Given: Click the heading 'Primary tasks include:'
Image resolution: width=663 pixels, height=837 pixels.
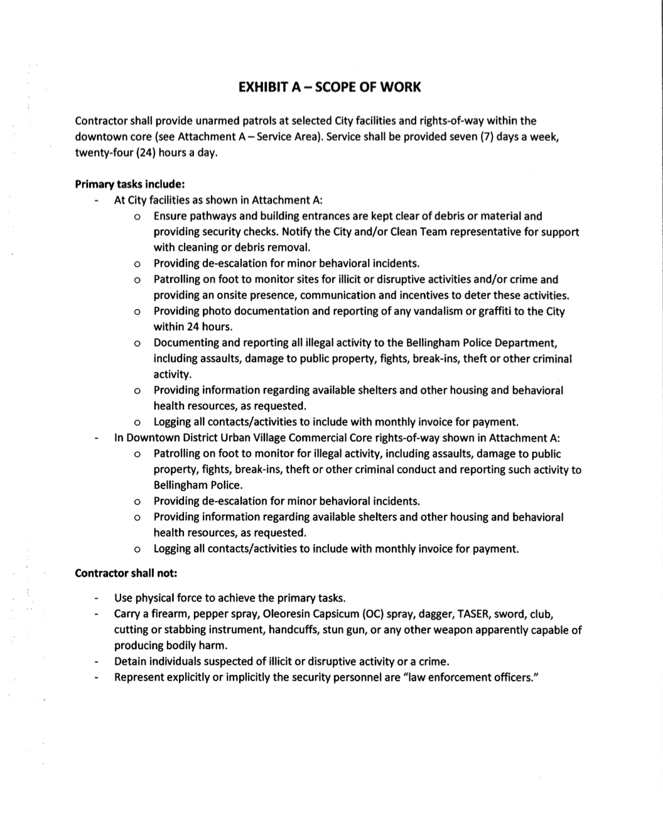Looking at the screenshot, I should pos(129,184).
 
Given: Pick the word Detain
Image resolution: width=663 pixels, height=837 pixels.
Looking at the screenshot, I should pos(131,662).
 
